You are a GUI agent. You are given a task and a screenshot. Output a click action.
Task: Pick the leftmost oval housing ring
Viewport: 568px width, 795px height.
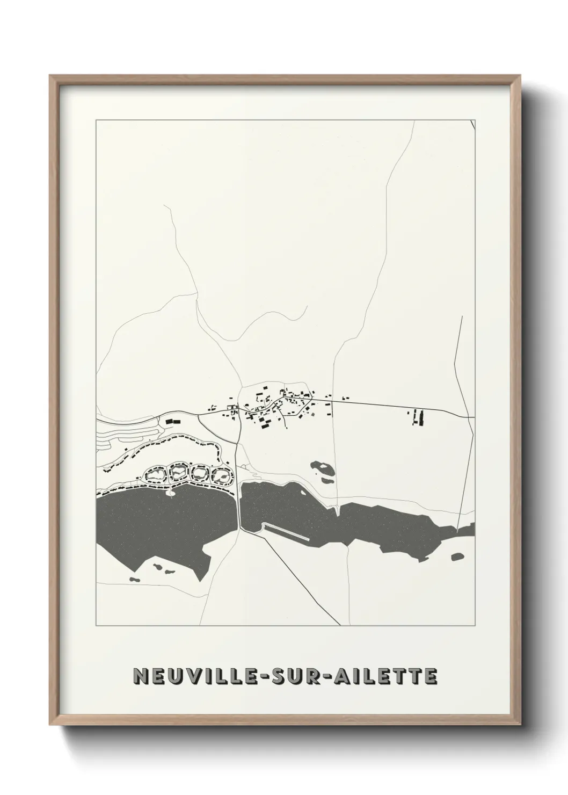(x=155, y=474)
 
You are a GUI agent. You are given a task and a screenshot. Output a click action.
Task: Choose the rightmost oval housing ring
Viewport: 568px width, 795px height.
(x=221, y=475)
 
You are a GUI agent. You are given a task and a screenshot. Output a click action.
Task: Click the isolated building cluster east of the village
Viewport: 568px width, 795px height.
(x=417, y=417)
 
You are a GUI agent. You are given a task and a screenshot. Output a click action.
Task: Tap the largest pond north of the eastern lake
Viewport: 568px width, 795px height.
(x=322, y=469)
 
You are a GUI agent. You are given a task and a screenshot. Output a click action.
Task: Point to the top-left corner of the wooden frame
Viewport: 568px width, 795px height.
(x=52, y=77)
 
